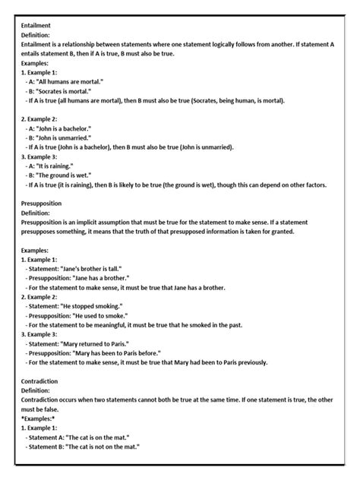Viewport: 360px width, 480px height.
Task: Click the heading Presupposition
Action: click(43, 204)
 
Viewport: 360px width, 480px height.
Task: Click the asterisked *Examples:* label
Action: click(39, 418)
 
